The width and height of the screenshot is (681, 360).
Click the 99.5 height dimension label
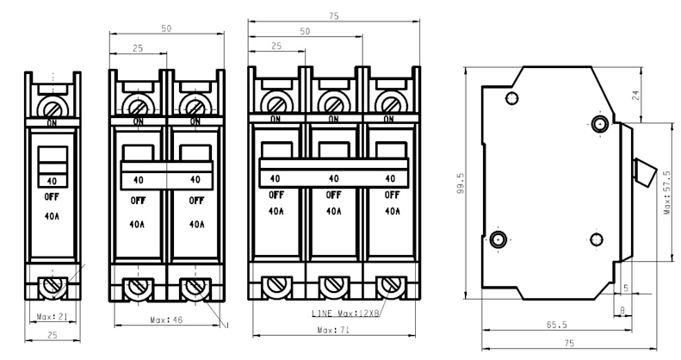(461, 183)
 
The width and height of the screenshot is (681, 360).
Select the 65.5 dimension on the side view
(556, 325)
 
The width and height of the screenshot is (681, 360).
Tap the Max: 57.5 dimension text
(667, 192)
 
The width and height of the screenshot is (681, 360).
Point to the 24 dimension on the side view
(636, 95)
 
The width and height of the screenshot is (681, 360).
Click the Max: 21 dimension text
(53, 317)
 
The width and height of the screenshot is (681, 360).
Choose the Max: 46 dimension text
(166, 320)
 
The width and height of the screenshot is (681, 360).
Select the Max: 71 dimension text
(333, 330)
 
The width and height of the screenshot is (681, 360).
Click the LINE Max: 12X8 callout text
(346, 313)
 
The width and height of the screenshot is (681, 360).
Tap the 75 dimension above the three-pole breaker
(333, 16)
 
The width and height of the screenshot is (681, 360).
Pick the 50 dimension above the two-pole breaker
(166, 28)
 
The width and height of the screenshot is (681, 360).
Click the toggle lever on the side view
(645, 172)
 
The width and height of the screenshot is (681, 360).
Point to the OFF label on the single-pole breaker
(52, 196)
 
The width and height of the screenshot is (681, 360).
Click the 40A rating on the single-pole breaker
(52, 216)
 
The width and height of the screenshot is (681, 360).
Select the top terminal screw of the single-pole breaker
(53, 107)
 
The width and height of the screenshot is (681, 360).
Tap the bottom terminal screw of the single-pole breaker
(53, 287)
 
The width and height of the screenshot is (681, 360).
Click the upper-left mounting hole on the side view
(512, 97)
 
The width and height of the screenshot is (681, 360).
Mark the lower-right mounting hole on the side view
(597, 239)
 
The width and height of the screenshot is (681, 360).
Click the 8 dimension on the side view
(622, 311)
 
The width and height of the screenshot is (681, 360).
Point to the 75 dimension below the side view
(569, 343)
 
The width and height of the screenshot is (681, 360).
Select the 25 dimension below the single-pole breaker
(53, 335)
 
